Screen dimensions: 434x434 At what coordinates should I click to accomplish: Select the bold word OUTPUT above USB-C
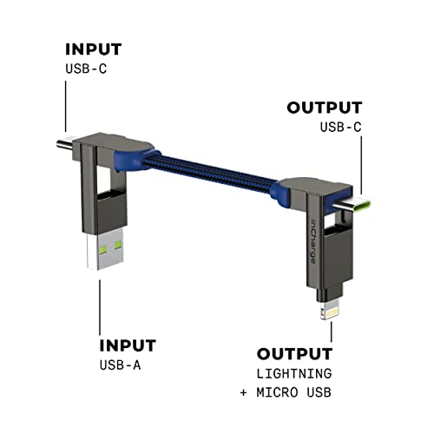[x=324, y=108]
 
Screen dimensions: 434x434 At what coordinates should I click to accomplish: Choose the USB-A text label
[x=117, y=365]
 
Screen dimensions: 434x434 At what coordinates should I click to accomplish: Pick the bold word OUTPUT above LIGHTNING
[x=294, y=354]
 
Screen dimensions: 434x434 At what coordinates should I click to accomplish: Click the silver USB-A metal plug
[x=99, y=260]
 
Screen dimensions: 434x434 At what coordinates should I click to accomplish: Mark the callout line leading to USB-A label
[x=99, y=308]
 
